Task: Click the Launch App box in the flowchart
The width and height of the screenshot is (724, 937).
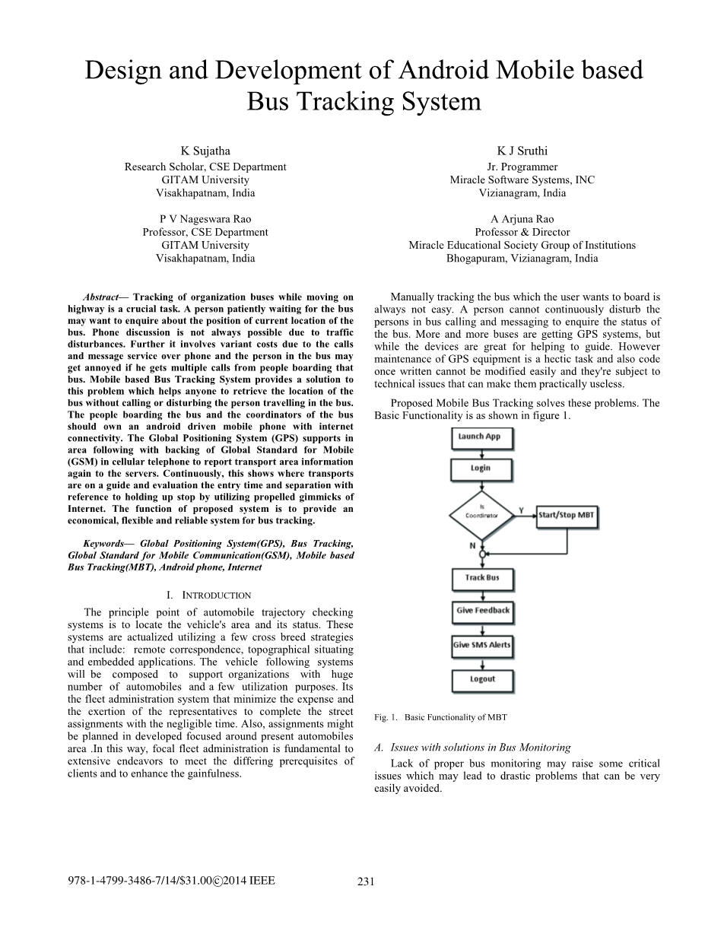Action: [x=481, y=438]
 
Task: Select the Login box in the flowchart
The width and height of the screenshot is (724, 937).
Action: [x=481, y=468]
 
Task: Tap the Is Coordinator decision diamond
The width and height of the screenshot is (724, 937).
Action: [x=481, y=515]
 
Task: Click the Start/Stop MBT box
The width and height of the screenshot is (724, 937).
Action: [x=567, y=515]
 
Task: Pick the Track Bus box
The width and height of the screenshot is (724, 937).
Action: [x=482, y=579]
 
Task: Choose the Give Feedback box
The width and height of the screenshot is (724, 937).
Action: [x=482, y=611]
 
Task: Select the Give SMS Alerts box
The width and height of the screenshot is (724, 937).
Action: [x=482, y=645]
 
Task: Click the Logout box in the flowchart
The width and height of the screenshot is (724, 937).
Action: [x=482, y=679]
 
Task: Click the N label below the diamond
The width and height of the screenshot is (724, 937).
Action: [x=472, y=545]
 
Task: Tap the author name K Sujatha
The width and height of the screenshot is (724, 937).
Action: [x=205, y=151]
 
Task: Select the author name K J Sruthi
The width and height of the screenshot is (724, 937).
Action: [x=522, y=151]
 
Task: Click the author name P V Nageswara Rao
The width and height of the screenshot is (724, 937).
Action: [x=205, y=218]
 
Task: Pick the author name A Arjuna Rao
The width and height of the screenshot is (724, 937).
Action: [x=522, y=218]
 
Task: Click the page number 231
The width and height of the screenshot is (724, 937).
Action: [x=366, y=882]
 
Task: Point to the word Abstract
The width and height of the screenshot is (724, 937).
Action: [x=101, y=297]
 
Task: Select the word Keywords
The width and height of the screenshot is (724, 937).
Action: [x=104, y=544]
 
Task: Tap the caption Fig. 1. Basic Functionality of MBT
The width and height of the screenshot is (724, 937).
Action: [x=440, y=717]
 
